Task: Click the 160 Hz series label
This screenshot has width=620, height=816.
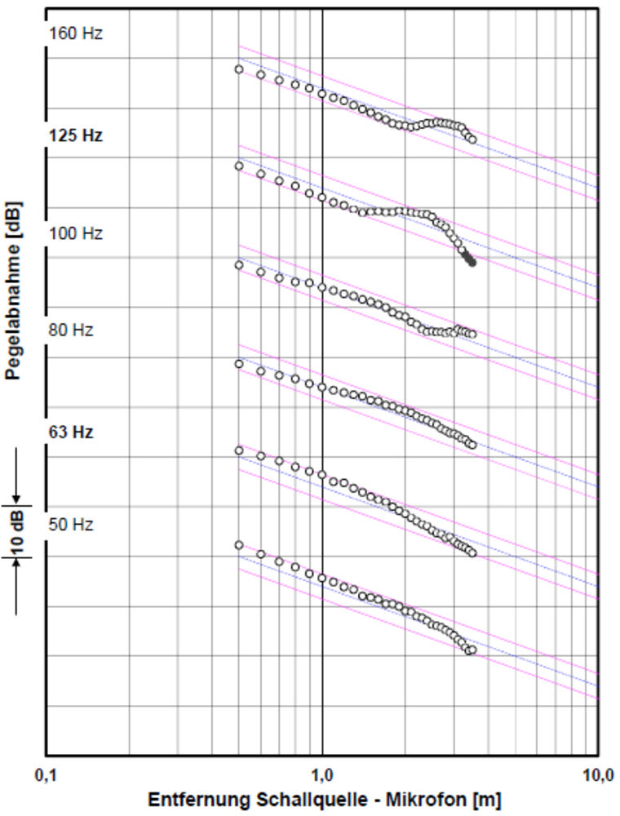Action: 76,35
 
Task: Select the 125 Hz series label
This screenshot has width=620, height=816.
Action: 76,135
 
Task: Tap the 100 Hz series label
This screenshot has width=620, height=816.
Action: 76,234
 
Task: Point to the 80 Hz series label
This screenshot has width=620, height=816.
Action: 71,330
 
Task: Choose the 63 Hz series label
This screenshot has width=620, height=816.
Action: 71,432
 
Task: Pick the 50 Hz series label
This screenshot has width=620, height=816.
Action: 71,525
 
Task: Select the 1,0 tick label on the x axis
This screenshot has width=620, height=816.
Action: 322,774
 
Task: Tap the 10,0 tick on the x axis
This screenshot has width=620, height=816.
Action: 598,774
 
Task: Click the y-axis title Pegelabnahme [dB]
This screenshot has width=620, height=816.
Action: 14,290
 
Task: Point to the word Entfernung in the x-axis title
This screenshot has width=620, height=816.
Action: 188,798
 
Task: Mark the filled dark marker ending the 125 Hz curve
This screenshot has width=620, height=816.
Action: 472,262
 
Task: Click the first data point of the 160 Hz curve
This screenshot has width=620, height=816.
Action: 239,69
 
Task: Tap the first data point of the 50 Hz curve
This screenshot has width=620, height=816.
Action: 239,545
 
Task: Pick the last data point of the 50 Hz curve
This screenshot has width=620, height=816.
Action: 472,650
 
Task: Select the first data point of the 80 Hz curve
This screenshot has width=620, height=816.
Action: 239,364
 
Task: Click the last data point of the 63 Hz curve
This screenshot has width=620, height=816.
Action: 472,552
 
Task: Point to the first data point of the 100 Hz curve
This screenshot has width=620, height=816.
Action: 239,265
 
